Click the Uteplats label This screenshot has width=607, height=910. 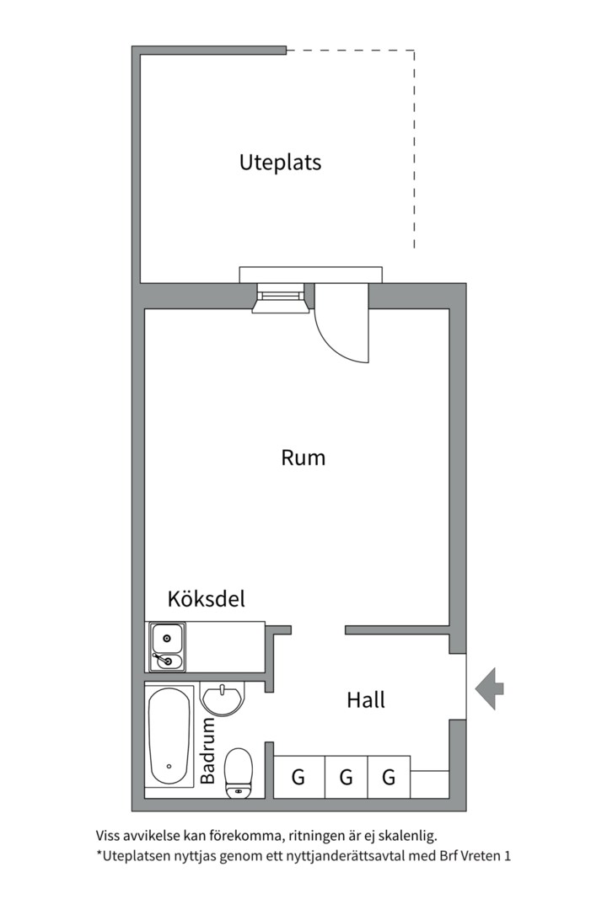click(280, 162)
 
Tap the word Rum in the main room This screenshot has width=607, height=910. click(303, 458)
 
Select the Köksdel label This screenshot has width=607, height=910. click(206, 599)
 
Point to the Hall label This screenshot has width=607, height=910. click(366, 699)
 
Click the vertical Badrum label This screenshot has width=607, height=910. click(208, 751)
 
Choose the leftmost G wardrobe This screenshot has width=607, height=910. click(298, 777)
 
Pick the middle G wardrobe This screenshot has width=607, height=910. click(346, 777)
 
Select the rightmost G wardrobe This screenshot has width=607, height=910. click(389, 777)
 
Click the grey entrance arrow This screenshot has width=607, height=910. click(490, 688)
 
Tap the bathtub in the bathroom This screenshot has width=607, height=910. click(169, 736)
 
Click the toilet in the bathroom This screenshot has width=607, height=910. click(239, 772)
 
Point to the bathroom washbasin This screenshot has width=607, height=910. click(222, 699)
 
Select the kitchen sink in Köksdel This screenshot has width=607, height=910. click(167, 647)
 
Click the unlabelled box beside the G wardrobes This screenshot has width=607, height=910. click(429, 784)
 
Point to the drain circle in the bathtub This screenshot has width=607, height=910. click(169, 767)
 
